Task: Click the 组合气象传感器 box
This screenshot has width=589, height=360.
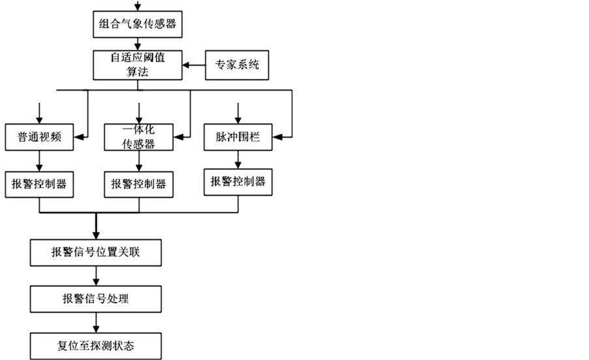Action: [137, 26]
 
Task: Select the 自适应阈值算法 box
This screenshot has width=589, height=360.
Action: [137, 65]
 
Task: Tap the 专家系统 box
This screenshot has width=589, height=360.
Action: [237, 65]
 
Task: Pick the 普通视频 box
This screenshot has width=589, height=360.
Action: [38, 138]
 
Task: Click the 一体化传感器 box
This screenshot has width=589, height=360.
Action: [138, 138]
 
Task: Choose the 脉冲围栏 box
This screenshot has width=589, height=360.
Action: [237, 138]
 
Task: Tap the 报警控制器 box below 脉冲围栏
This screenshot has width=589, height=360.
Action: [237, 181]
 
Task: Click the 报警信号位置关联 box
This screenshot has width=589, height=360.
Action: [95, 252]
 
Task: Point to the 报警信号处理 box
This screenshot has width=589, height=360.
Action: [95, 299]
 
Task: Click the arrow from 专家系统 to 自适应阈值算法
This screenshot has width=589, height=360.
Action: [193, 65]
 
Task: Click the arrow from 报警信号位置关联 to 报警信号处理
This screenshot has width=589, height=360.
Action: [97, 276]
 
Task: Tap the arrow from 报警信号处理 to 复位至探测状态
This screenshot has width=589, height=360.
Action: [97, 322]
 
